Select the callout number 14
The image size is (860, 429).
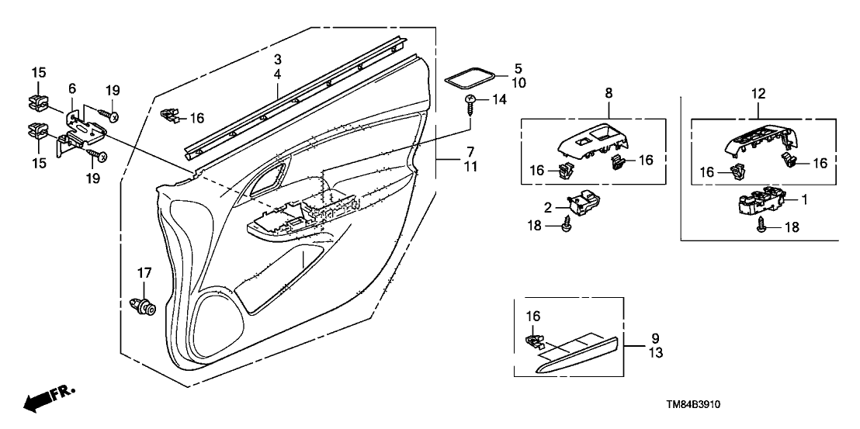click(x=499, y=100)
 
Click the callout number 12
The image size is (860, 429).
click(x=758, y=94)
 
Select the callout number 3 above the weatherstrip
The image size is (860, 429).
click(x=276, y=60)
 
